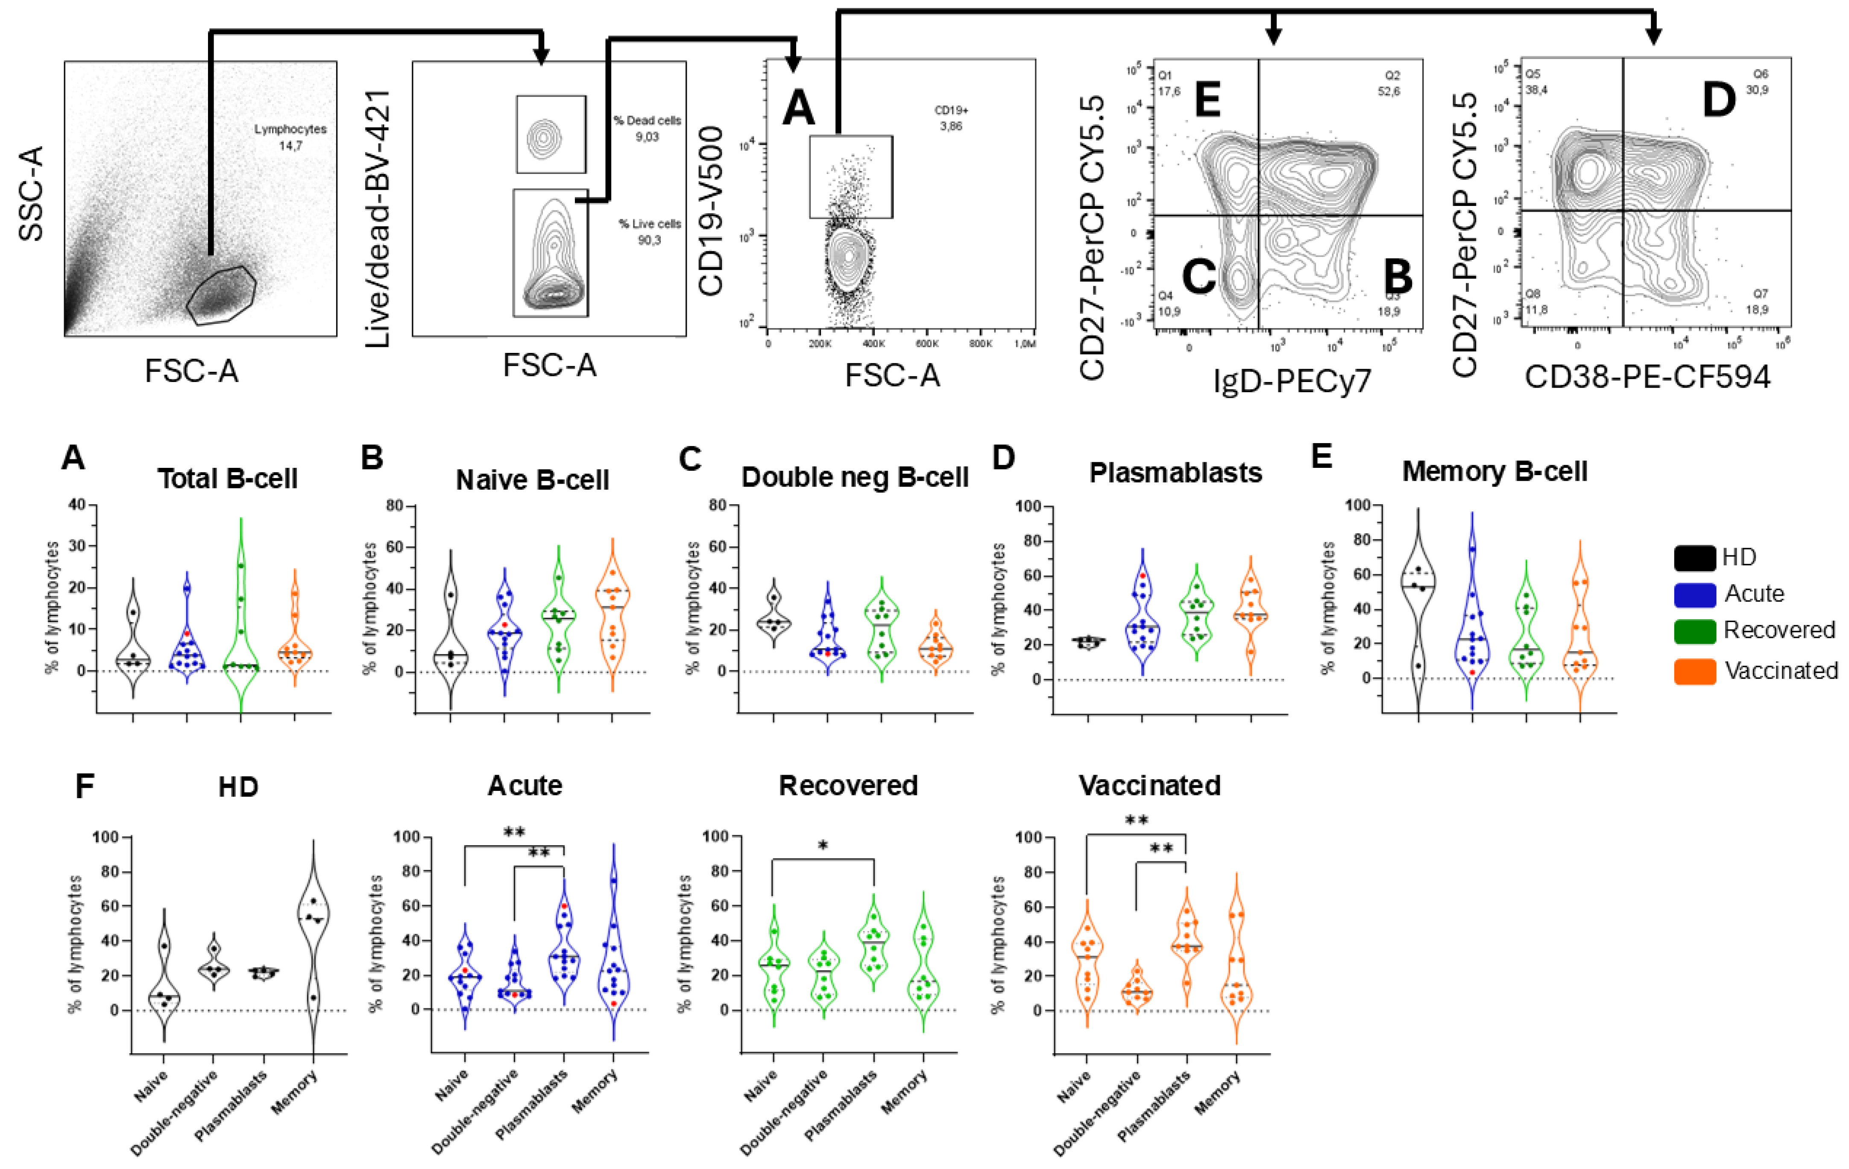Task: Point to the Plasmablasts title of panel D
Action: pos(1175,473)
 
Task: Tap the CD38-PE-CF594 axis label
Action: pos(1647,376)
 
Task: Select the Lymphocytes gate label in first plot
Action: pos(290,129)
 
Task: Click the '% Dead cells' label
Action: pos(647,120)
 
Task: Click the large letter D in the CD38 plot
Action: pos(1718,100)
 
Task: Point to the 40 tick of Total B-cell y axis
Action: pos(78,505)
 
